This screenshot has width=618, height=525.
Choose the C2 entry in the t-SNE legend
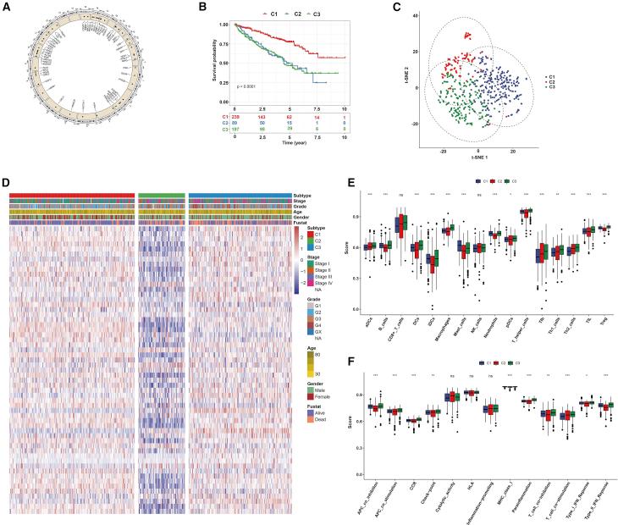552,81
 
